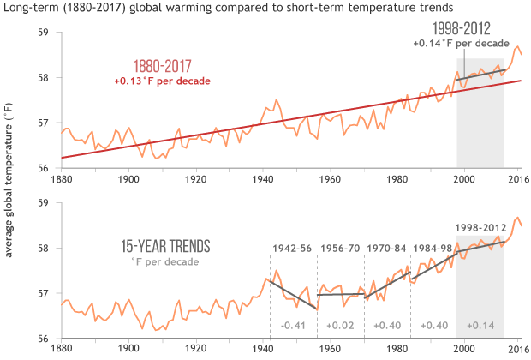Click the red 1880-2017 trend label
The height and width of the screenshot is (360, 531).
point(162,68)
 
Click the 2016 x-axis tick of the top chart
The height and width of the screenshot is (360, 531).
point(516,179)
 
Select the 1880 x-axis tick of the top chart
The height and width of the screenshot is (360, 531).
point(61,179)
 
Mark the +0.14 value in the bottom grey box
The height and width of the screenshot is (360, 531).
point(480,326)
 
